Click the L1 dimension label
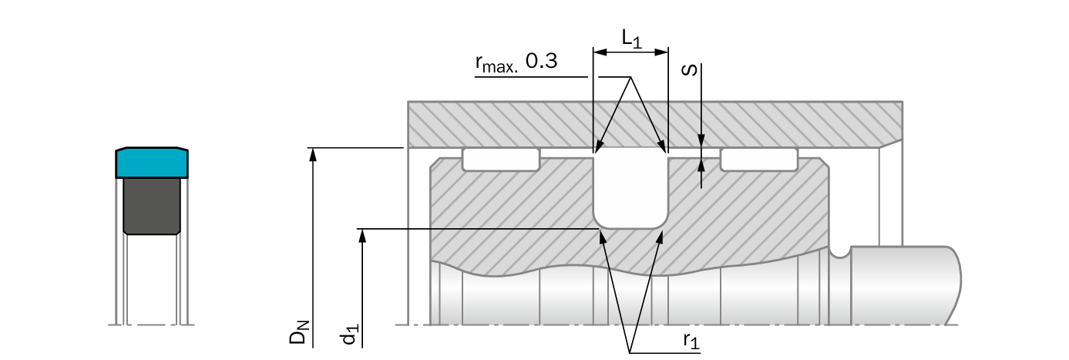[x=630, y=39]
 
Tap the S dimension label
[x=692, y=71]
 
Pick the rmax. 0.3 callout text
[x=516, y=63]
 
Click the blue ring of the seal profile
[x=153, y=162]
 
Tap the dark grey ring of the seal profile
[x=152, y=205]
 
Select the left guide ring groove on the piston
[x=501, y=160]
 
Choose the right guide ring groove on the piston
[x=758, y=160]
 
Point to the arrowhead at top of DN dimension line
[x=313, y=152]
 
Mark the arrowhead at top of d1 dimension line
[x=362, y=234]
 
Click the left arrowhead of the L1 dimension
[x=598, y=52]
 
